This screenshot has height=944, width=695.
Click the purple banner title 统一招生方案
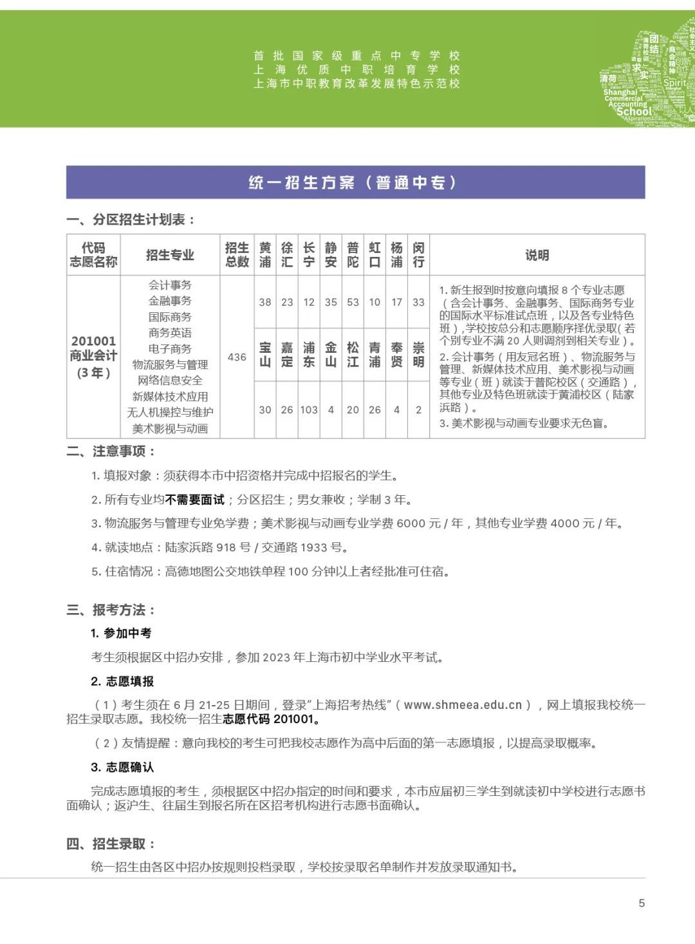tap(355, 183)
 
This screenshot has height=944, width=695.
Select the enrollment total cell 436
tap(237, 357)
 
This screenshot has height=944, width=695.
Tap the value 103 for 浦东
tap(309, 410)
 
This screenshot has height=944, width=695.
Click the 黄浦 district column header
tap(265, 255)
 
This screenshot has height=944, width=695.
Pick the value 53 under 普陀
tap(353, 302)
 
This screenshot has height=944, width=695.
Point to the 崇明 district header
tap(418, 355)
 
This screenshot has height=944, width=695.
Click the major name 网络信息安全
tap(170, 381)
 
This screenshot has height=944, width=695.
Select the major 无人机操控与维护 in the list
tap(170, 412)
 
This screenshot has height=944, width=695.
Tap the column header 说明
tap(537, 255)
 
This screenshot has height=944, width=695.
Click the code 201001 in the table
tap(93, 341)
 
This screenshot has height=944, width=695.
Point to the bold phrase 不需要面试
tap(195, 500)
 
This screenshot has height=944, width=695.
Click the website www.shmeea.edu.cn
tap(463, 704)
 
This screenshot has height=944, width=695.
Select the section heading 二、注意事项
tap(111, 451)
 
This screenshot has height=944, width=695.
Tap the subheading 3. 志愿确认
tap(122, 767)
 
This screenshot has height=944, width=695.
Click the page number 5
tap(641, 903)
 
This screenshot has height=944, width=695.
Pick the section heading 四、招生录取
tap(111, 844)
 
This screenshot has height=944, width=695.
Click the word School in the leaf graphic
tap(634, 111)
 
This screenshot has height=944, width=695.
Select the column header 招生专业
tap(170, 255)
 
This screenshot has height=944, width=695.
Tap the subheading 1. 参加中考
tap(121, 633)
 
